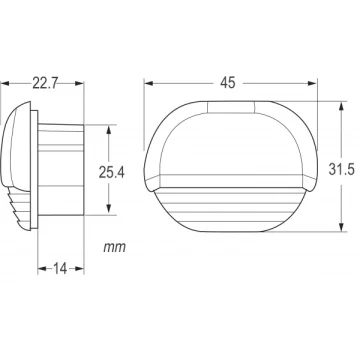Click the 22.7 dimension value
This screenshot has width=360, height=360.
tap(45, 83)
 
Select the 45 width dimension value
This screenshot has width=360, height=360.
tap(228, 83)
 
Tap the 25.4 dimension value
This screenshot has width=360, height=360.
tap(112, 172)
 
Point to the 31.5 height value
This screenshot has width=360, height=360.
tap(342, 170)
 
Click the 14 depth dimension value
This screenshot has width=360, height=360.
tap(60, 268)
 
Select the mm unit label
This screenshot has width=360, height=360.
tap(115, 247)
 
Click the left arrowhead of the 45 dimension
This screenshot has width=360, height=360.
tap(149, 83)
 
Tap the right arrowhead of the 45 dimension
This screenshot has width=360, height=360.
tap(312, 83)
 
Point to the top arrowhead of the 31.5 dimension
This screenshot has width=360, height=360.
tap(342, 106)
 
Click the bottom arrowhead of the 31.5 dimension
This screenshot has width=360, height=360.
tap(342, 227)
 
